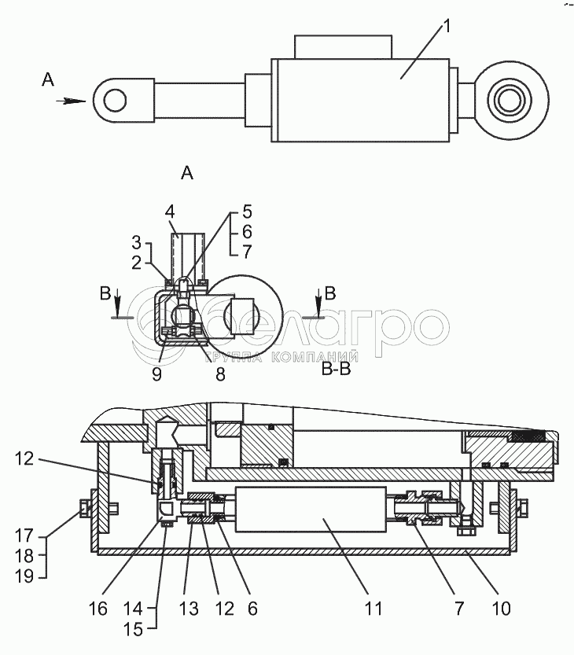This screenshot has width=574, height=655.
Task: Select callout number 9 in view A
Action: coord(157,374)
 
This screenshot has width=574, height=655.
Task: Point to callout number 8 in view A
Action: coord(220,374)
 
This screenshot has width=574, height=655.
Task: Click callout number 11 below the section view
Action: coord(373,608)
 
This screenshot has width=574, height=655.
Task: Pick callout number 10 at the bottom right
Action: coord(501,608)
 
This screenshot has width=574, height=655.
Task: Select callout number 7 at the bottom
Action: coord(458,608)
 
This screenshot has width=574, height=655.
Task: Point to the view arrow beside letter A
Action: coord(72,101)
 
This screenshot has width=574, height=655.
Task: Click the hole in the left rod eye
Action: coord(116,100)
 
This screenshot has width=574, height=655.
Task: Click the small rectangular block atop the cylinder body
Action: coord(342,46)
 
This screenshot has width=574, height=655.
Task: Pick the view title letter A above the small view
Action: coord(186,173)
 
